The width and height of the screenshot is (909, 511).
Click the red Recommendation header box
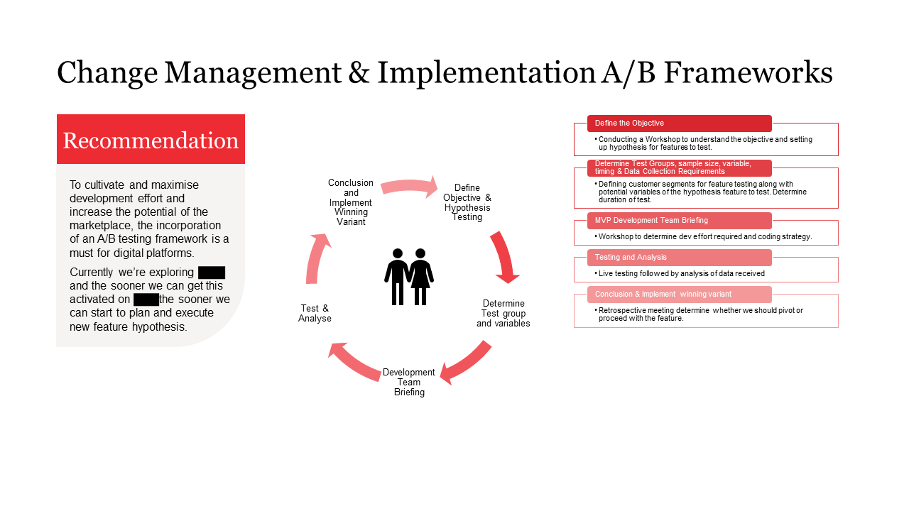151,140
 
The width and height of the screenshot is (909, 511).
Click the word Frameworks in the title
748,73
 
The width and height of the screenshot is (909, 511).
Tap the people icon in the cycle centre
409,277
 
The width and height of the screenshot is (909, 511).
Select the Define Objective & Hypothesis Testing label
467,202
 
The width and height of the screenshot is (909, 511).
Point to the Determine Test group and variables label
503,313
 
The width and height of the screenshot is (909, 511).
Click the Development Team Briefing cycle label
409,382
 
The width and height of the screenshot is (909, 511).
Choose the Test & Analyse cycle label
315,313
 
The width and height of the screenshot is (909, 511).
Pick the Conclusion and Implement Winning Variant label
351,202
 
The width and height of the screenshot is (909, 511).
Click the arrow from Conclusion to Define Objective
410,186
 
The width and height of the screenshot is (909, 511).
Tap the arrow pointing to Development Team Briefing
466,363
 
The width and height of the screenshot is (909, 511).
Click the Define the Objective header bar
679,123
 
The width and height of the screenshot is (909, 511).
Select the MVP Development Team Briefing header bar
679,220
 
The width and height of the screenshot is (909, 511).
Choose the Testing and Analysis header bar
679,257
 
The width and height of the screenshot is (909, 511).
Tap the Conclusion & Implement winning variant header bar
679,294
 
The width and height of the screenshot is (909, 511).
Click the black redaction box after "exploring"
212,273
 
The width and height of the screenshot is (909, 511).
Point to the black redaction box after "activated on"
146,300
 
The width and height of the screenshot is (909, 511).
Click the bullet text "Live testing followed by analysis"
681,273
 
